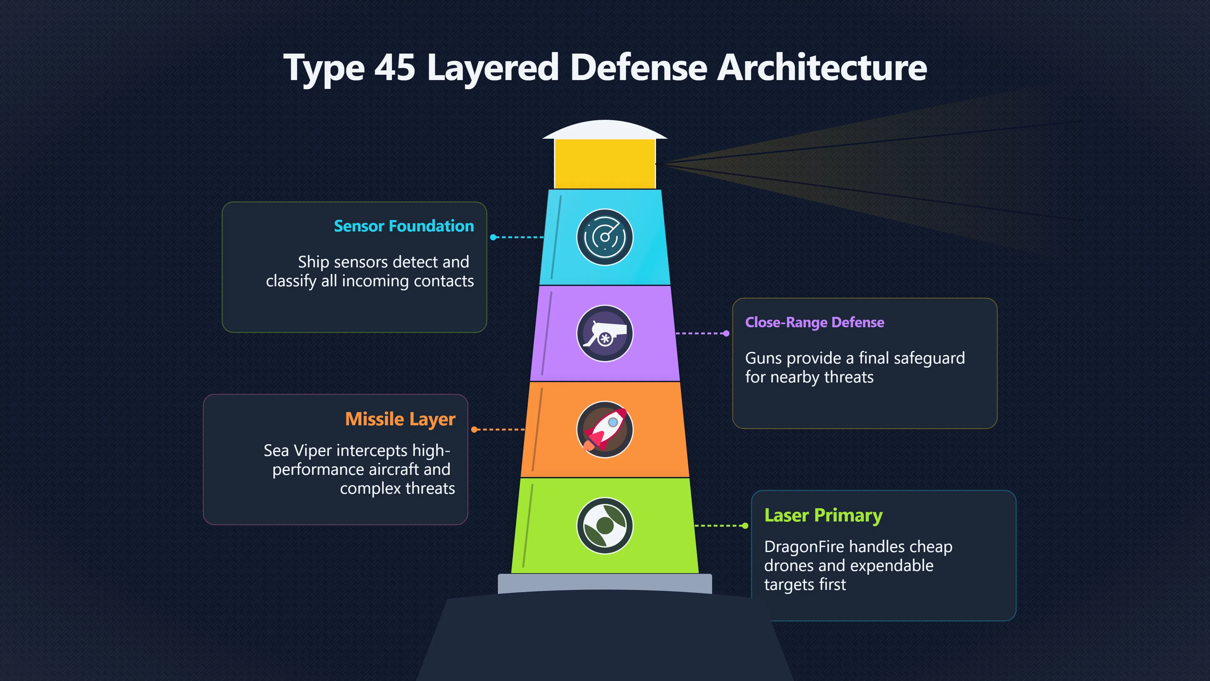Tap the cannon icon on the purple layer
pyautogui.click(x=605, y=333)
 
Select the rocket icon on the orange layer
pyautogui.click(x=605, y=429)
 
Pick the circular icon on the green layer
pyautogui.click(x=605, y=526)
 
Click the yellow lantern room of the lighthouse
pyautogui.click(x=605, y=164)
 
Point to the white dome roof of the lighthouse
pyautogui.click(x=605, y=130)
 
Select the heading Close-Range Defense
pyautogui.click(x=815, y=323)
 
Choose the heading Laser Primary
pyautogui.click(x=823, y=515)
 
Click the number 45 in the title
pyautogui.click(x=395, y=68)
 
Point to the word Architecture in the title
pyautogui.click(x=822, y=68)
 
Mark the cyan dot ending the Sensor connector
pyautogui.click(x=493, y=237)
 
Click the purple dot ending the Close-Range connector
pyautogui.click(x=726, y=333)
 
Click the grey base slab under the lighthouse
pyautogui.click(x=605, y=583)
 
